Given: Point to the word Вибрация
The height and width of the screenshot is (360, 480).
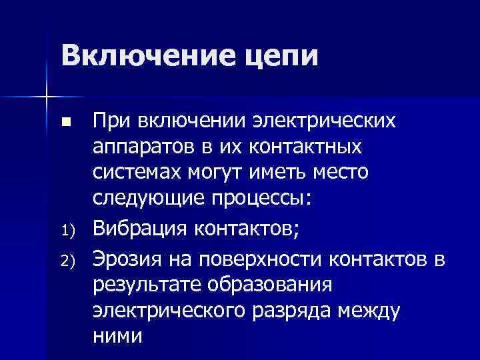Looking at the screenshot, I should coord(139,229).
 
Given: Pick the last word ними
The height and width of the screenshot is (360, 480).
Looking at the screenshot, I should coord(117,335).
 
